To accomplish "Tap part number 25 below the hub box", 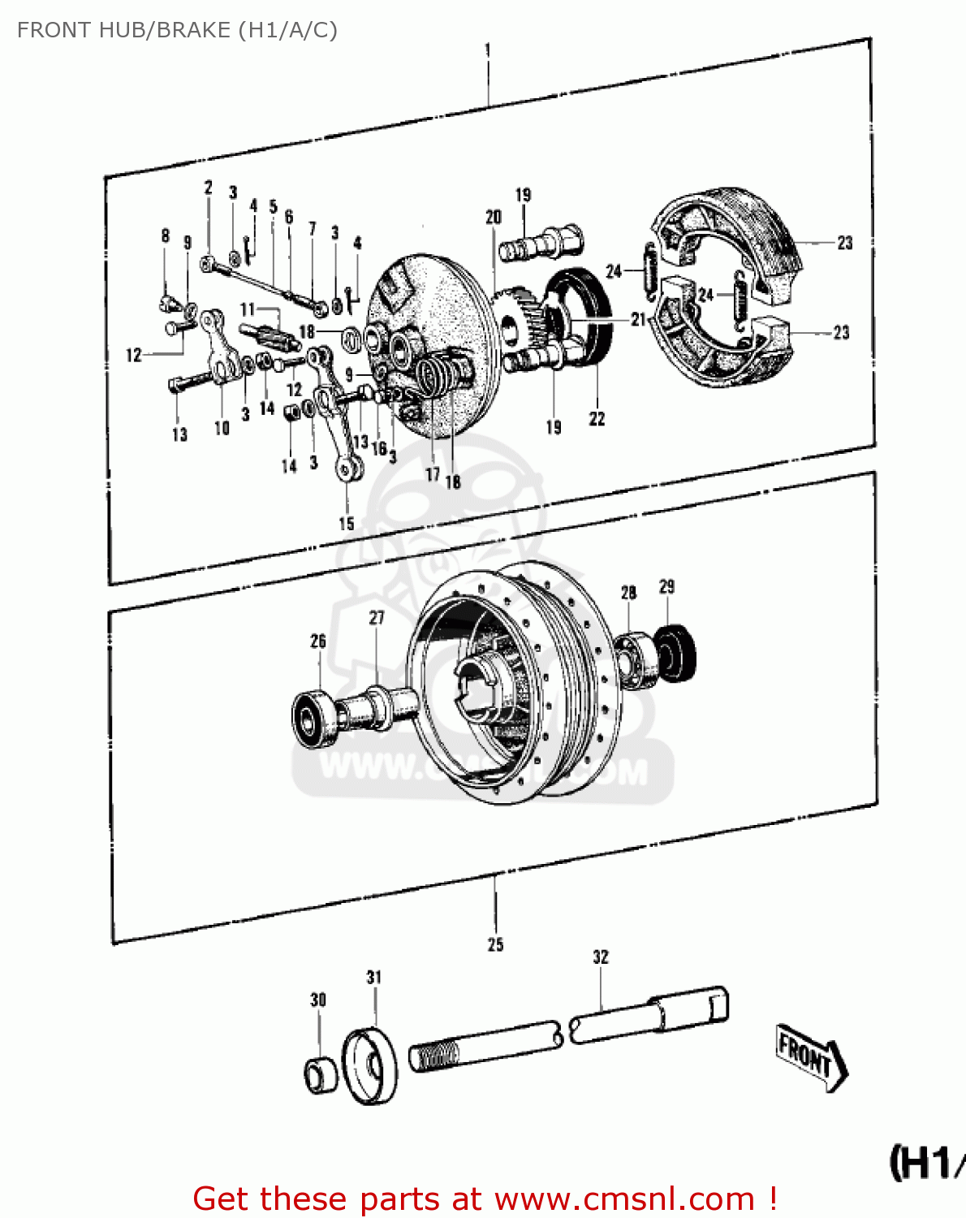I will (x=495, y=944).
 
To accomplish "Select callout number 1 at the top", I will (x=488, y=50).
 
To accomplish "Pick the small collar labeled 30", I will (x=320, y=1075).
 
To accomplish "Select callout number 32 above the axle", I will (x=600, y=957).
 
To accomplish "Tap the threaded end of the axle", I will (x=435, y=1056).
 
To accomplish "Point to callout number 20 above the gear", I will (x=494, y=218).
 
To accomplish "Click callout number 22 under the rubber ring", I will (x=597, y=419).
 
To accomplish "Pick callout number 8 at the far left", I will (x=166, y=235).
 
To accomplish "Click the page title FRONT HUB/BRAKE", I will (x=177, y=30).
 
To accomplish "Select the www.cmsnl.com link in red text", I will (x=624, y=1199).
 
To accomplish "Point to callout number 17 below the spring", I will (x=433, y=474).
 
